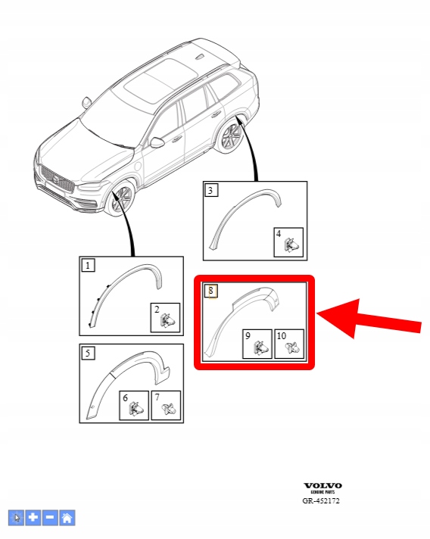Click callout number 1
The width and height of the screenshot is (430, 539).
coord(88,266)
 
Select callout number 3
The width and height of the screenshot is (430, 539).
coord(210,190)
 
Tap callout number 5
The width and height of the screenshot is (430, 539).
coord(88,353)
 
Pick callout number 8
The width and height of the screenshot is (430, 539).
coord(210,291)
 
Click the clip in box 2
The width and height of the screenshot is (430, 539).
coord(167,321)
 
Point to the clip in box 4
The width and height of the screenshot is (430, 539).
coord(291,245)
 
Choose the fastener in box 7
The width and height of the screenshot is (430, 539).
coord(169,408)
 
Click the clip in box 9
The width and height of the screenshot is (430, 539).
coord(260,348)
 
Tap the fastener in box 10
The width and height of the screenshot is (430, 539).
coord(292,347)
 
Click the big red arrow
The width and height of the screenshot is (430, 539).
coord(368,319)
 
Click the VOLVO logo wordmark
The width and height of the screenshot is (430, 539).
coord(322,485)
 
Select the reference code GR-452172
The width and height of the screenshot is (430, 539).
coord(321,501)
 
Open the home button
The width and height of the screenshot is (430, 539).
coord(67,518)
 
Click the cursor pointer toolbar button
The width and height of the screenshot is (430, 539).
coord(16,518)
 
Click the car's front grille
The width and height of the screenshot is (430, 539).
coord(57,180)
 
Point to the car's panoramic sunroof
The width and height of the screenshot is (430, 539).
coord(160,80)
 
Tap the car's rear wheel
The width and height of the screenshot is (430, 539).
coord(231,137)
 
